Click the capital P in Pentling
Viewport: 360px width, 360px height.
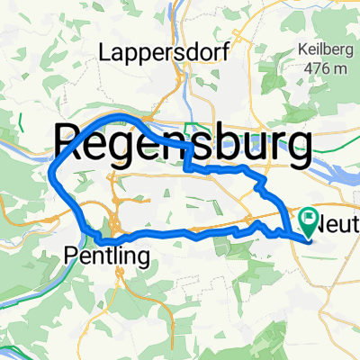coord(72,257)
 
